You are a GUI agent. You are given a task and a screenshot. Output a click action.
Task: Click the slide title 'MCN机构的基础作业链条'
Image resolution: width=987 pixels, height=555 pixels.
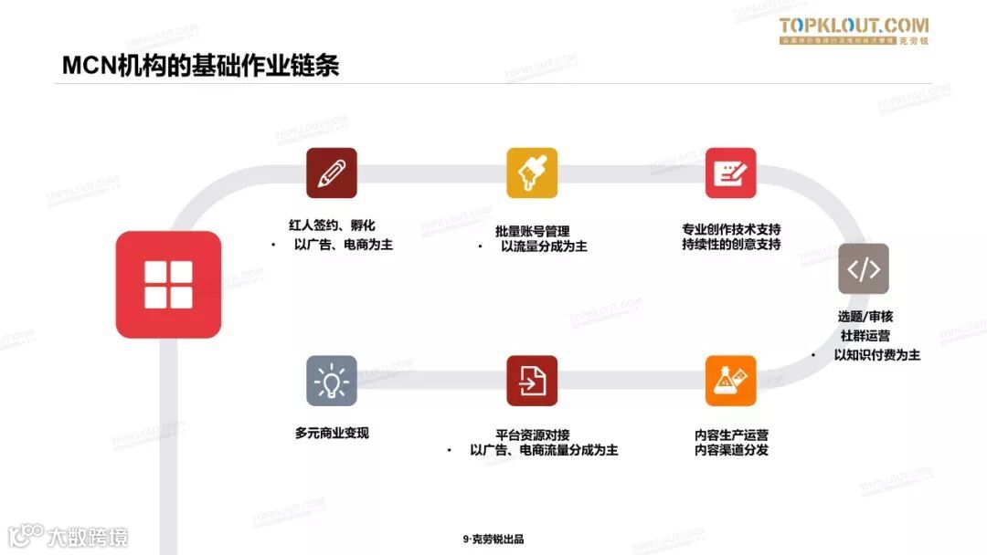200,66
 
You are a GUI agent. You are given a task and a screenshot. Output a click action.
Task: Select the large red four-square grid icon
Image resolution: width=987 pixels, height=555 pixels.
168,284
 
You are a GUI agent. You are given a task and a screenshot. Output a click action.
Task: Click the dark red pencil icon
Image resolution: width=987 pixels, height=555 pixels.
331,173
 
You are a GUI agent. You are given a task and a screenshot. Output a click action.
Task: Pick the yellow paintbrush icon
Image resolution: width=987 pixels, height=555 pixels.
532,173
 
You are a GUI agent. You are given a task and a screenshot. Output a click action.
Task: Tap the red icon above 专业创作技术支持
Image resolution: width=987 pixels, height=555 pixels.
730,173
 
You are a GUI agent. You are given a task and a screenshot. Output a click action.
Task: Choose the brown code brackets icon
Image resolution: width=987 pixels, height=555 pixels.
864,268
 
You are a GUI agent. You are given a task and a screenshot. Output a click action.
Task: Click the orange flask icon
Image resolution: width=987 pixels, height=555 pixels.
730,381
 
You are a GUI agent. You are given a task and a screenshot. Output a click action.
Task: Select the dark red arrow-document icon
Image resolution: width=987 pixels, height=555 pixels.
532,381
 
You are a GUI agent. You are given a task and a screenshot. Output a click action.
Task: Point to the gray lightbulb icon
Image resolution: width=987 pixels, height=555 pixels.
331,381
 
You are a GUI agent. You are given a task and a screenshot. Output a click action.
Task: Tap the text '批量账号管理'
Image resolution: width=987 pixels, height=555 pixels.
532,231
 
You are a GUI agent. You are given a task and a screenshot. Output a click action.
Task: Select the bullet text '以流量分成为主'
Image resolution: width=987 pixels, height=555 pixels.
543,247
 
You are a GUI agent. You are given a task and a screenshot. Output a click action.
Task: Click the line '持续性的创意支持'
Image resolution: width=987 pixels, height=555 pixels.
730,245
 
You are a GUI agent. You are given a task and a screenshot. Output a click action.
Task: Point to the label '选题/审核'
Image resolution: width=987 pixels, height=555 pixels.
865,317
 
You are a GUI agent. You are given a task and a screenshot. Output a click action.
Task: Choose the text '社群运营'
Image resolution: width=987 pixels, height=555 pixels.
865,336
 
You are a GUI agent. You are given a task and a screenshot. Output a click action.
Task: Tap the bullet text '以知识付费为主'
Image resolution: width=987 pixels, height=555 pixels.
876,355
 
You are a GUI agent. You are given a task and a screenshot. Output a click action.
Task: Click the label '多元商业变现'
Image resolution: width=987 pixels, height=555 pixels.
332,434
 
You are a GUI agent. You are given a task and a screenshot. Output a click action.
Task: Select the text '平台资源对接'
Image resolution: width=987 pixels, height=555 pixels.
532,434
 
